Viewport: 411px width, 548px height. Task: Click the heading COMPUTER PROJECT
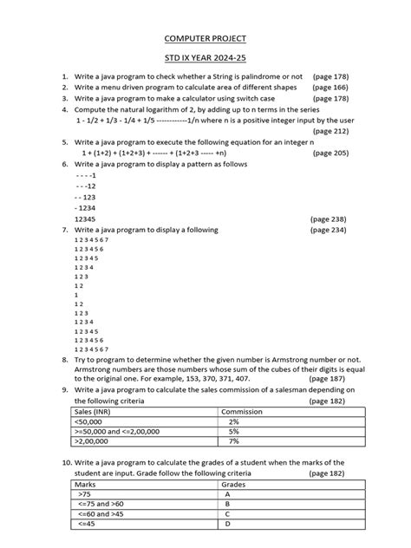(x=205, y=40)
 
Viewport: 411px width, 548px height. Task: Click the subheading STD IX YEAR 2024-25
(x=205, y=59)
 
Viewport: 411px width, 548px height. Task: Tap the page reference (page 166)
(x=330, y=88)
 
